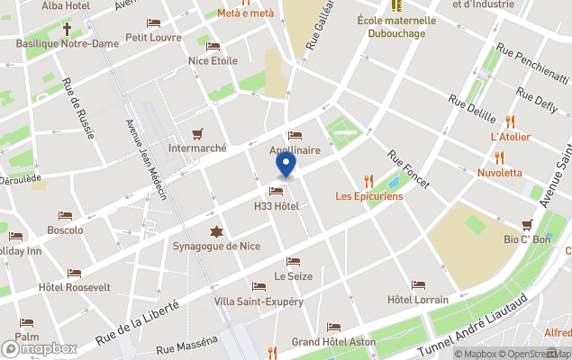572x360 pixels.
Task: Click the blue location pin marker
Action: (x=286, y=166)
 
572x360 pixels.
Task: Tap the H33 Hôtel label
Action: (x=276, y=207)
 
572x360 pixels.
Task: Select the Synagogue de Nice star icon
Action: (x=215, y=230)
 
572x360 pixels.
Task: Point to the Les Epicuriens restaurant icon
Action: (x=368, y=181)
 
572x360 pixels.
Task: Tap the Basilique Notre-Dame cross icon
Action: (x=67, y=30)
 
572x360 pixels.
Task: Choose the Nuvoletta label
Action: (x=499, y=172)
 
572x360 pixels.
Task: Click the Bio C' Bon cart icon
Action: (x=527, y=224)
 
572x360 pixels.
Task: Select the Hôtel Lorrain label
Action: (x=417, y=299)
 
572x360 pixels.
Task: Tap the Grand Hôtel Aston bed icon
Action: (x=334, y=328)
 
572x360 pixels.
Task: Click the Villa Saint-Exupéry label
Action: (x=259, y=301)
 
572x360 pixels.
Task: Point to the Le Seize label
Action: (x=293, y=275)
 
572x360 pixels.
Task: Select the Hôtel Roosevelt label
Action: (x=75, y=287)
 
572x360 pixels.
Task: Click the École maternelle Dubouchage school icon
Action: (x=395, y=6)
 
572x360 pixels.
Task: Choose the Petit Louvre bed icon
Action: (x=154, y=23)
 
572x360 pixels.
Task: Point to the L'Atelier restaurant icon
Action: (x=510, y=121)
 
